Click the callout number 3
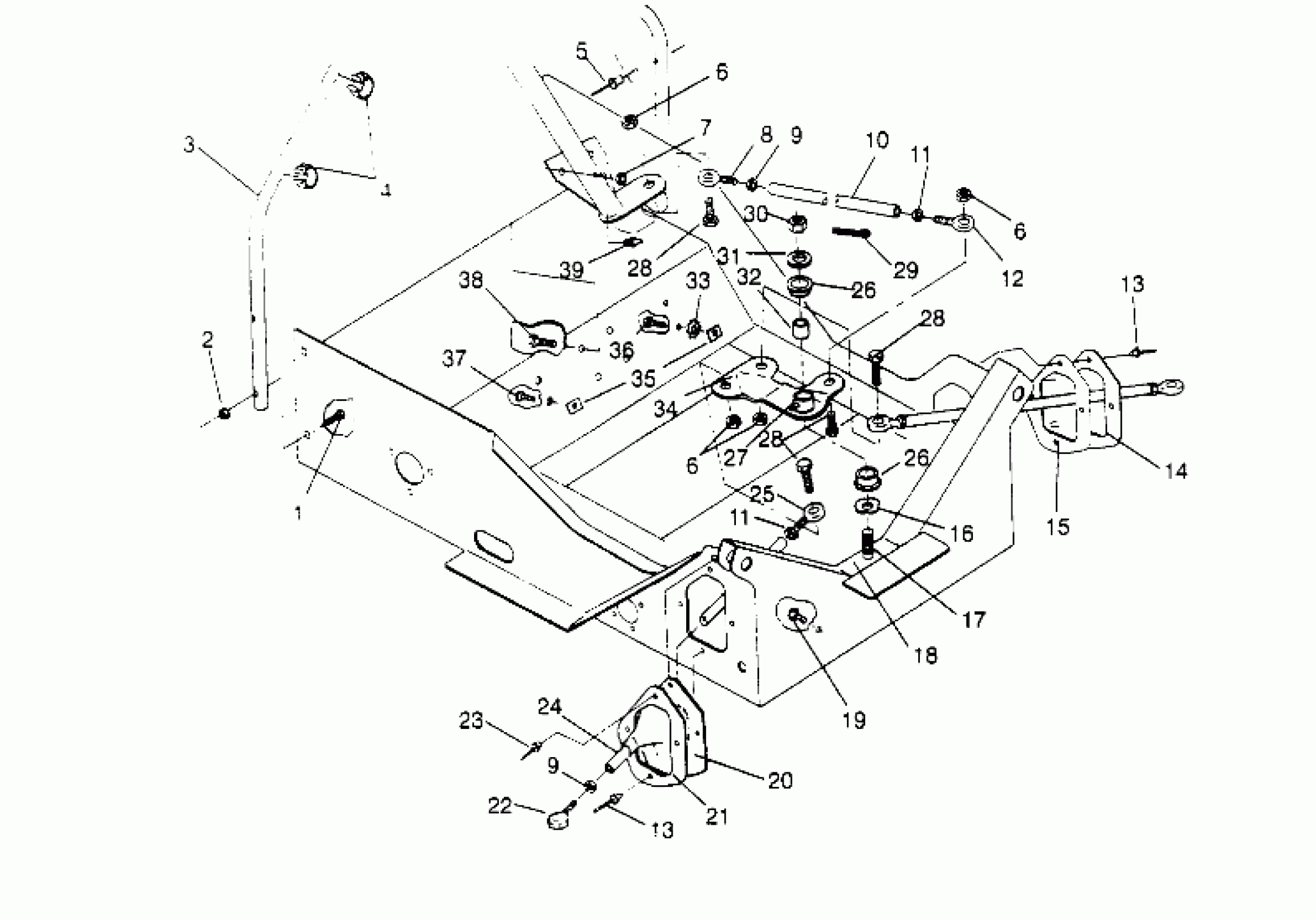tap(188, 145)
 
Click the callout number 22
tap(499, 806)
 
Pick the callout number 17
tap(974, 619)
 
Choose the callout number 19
tap(854, 720)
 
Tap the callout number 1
tap(299, 513)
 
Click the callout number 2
tap(207, 340)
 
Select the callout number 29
tap(906, 270)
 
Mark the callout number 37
tap(455, 359)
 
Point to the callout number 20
tap(780, 780)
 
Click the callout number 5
tap(582, 51)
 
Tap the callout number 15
tap(1057, 526)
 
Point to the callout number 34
tap(666, 409)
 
